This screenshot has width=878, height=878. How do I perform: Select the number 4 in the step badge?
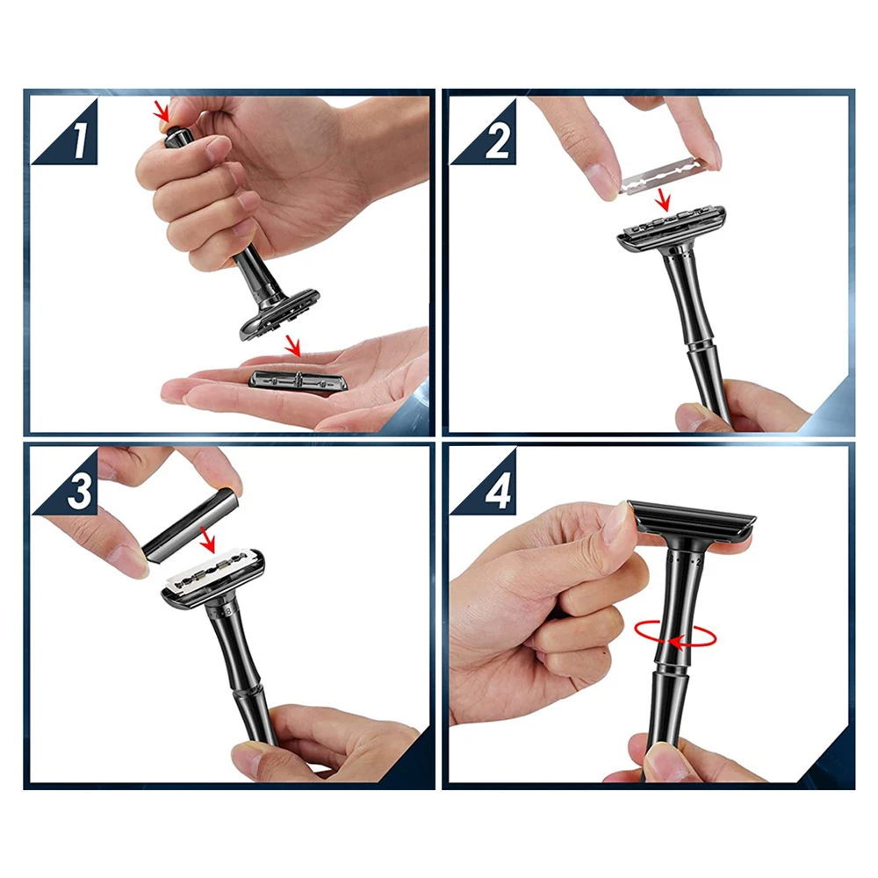pyautogui.click(x=498, y=493)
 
